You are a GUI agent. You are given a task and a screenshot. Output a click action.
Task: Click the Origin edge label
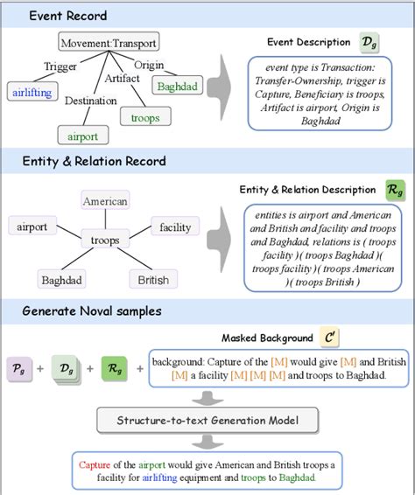[149, 65]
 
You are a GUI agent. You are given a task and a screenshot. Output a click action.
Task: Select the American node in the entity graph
[105, 201]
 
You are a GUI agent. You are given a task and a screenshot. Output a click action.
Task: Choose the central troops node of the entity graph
[105, 239]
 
